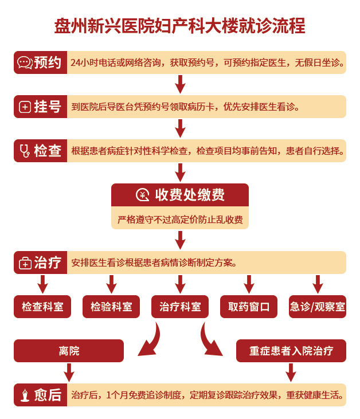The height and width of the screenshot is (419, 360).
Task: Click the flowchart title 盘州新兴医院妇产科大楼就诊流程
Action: click(179, 26)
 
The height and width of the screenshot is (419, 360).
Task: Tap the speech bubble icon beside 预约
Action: click(25, 63)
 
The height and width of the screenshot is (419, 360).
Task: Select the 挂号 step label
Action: click(48, 107)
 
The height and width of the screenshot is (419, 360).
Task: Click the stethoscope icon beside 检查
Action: click(25, 151)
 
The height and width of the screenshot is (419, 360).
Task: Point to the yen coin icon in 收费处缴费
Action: click(142, 195)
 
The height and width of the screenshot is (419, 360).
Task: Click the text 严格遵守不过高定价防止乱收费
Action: click(180, 220)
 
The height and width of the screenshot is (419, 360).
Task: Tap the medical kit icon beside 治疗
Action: click(25, 263)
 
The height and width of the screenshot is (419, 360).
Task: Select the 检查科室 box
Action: click(42, 307)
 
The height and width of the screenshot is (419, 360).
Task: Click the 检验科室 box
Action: click(111, 307)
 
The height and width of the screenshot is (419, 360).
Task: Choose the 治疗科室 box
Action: click(180, 307)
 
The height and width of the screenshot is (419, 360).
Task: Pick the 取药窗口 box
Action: click(249, 307)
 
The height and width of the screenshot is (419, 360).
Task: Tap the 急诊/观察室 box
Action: click(318, 307)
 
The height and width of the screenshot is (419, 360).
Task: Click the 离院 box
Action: click(69, 351)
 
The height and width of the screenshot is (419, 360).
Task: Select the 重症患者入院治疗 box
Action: click(291, 351)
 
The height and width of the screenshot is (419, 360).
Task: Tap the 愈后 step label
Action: click(48, 395)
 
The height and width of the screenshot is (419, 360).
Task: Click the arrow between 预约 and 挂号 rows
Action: click(181, 84)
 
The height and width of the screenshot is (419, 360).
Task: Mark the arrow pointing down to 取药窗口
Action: click(249, 284)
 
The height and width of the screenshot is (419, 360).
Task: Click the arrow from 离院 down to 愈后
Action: click(69, 373)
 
